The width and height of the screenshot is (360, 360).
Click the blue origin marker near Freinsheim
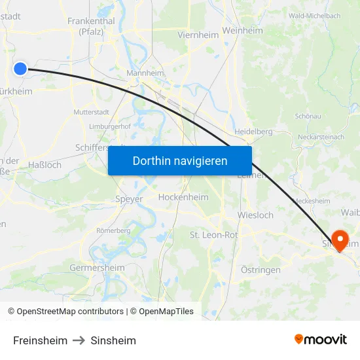pyautogui.click(x=20, y=68)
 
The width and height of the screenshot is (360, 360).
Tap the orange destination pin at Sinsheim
pyautogui.click(x=340, y=240)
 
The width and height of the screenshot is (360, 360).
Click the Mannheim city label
pyautogui.click(x=145, y=74)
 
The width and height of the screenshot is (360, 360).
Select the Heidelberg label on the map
pyautogui.click(x=253, y=132)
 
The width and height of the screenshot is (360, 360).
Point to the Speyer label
pyautogui.click(x=129, y=199)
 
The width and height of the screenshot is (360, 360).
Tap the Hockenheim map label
pyautogui.click(x=183, y=197)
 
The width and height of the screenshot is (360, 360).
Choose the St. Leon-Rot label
pyautogui.click(x=213, y=234)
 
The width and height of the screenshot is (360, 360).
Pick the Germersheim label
pyautogui.click(x=97, y=268)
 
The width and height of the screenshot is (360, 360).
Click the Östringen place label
pyautogui.click(x=261, y=270)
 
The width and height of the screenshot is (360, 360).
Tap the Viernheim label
pyautogui.click(x=192, y=34)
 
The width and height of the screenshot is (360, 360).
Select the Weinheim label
pyautogui.click(x=242, y=31)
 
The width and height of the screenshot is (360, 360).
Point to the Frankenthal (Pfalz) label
pyautogui.click(x=92, y=26)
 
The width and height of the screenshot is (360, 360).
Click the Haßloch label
pyautogui.click(x=45, y=165)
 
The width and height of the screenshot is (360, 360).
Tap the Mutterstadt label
pyautogui.click(x=92, y=112)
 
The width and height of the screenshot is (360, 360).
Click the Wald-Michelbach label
pyautogui.click(x=315, y=15)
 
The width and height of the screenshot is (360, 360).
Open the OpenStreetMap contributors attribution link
pyautogui.click(x=70, y=312)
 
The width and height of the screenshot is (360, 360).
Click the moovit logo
pyautogui.click(x=321, y=340)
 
